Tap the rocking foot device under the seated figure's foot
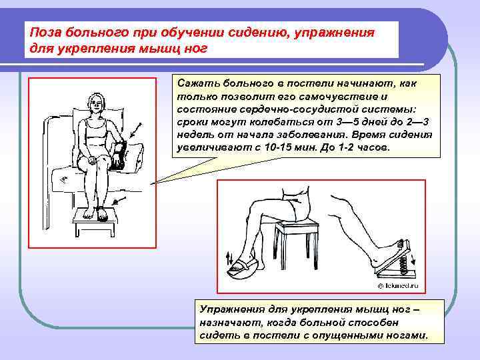tap(243, 266)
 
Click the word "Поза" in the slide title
tap(45, 32)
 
